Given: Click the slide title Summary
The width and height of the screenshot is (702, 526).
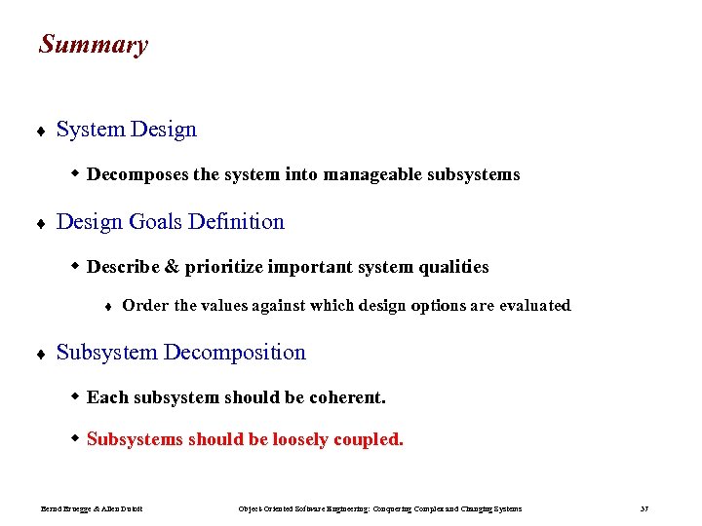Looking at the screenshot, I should click(94, 45).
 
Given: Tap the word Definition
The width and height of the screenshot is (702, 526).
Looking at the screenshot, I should click(237, 222).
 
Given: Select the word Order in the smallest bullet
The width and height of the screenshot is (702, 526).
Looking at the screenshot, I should click(145, 306).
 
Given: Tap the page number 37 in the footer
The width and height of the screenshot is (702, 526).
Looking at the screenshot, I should click(644, 508).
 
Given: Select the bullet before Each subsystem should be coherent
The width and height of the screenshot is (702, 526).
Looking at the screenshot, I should click(76, 396).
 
